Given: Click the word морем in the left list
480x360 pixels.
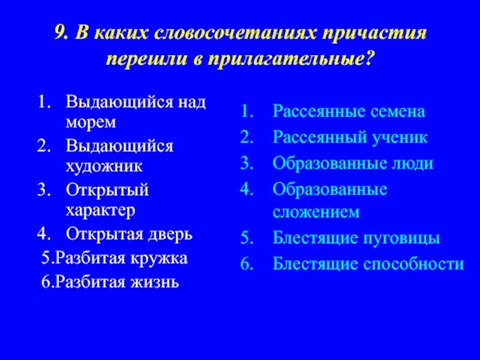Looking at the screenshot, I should [x=91, y=122].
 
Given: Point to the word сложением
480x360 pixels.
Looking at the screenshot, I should [x=316, y=212].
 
